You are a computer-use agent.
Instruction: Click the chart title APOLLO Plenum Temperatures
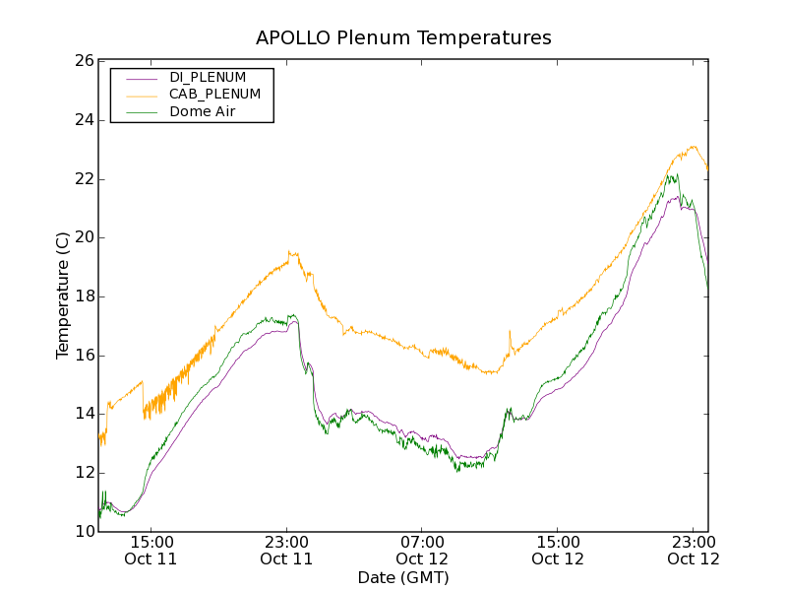(x=403, y=38)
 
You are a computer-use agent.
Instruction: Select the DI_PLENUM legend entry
(x=208, y=77)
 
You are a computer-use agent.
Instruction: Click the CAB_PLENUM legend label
(x=214, y=95)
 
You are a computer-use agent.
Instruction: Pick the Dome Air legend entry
(x=203, y=112)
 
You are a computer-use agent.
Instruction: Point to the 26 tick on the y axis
(x=83, y=61)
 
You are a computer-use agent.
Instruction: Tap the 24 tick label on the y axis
(x=83, y=120)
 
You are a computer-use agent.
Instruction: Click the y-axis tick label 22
(x=83, y=179)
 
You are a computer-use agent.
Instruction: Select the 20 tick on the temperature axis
(x=83, y=237)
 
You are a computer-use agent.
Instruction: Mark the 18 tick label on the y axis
(x=83, y=296)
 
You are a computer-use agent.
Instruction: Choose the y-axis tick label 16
(x=83, y=356)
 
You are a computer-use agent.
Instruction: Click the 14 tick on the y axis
(x=83, y=414)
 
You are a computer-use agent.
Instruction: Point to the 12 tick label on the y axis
(x=83, y=473)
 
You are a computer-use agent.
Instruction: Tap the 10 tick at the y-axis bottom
(x=83, y=532)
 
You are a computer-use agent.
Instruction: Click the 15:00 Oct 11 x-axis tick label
(x=151, y=551)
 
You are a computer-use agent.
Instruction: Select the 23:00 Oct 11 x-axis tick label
(x=286, y=551)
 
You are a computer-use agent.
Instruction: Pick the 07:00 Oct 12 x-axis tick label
(x=422, y=551)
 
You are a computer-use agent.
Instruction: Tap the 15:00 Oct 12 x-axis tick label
(x=558, y=551)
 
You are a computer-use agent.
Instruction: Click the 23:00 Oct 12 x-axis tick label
(x=694, y=551)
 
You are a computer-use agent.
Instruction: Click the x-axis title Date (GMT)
(x=403, y=577)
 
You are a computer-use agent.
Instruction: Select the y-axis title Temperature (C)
(x=63, y=295)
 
